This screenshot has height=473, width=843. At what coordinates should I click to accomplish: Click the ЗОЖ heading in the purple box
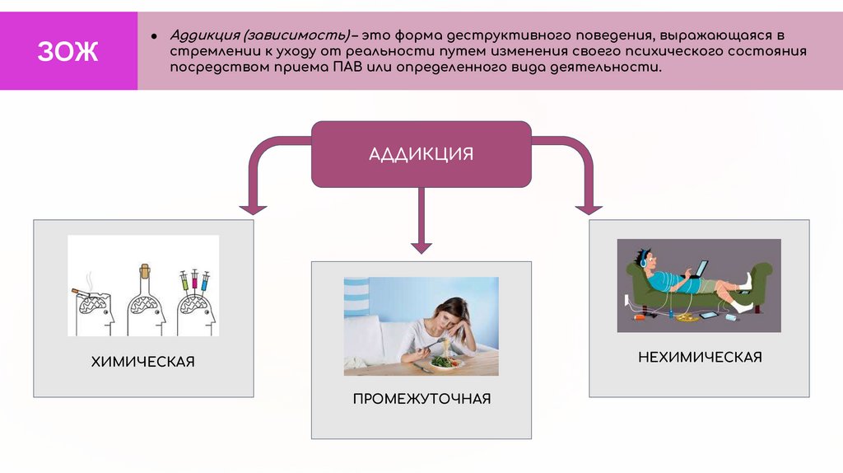click(68, 53)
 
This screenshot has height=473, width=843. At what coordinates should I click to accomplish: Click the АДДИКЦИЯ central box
click(421, 154)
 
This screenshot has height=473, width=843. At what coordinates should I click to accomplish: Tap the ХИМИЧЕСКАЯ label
click(143, 362)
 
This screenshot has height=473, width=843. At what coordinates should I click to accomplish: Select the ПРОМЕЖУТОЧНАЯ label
click(421, 399)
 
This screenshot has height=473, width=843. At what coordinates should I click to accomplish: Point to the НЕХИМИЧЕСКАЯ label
click(700, 357)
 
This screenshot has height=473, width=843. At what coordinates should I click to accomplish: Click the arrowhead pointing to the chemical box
click(253, 208)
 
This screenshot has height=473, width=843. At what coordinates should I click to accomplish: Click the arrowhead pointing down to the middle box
click(421, 245)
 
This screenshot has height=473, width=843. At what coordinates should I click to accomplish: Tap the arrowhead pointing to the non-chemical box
click(589, 208)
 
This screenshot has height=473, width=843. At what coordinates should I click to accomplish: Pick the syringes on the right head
click(194, 281)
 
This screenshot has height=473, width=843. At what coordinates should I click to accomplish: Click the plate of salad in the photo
click(445, 360)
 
